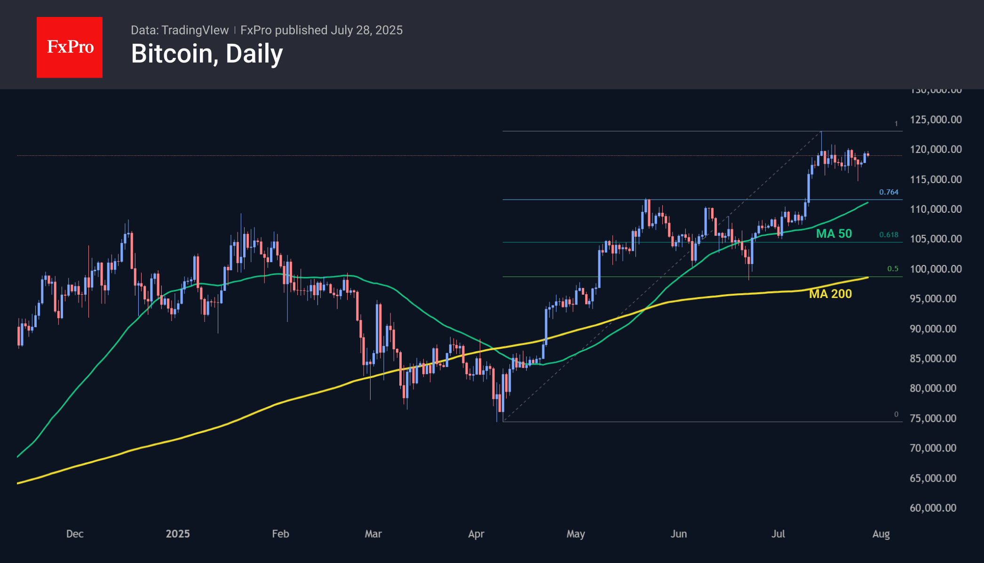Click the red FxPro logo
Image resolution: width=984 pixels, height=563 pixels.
coord(70,47)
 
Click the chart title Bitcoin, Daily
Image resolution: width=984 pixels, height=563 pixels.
coord(207,54)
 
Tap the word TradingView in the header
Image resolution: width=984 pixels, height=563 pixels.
coord(195,30)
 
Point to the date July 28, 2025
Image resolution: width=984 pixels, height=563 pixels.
coord(366,30)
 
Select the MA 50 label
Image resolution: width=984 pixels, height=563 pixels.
coord(834,233)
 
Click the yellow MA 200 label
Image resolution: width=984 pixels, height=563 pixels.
coord(830,294)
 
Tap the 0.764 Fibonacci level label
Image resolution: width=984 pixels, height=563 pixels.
coord(889,192)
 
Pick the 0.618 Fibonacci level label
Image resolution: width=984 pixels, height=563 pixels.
coord(889,234)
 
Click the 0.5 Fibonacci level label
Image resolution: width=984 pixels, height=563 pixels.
coord(893,269)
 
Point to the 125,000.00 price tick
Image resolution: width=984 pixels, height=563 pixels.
coord(936,120)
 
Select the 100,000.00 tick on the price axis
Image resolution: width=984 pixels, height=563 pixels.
coord(936,269)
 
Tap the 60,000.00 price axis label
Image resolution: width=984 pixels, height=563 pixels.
coord(933,508)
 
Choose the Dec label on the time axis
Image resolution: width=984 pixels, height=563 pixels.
coord(75,534)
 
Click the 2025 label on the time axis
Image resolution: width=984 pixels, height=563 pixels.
coord(178,534)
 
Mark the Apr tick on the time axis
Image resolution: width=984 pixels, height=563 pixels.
coord(476,534)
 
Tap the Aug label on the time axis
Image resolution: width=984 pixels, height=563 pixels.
coord(881,534)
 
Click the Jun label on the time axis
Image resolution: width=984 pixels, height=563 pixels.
coord(679,534)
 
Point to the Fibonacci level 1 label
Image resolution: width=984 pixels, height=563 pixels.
coord(896,124)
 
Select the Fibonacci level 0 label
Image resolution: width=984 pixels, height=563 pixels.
coord(896,414)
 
